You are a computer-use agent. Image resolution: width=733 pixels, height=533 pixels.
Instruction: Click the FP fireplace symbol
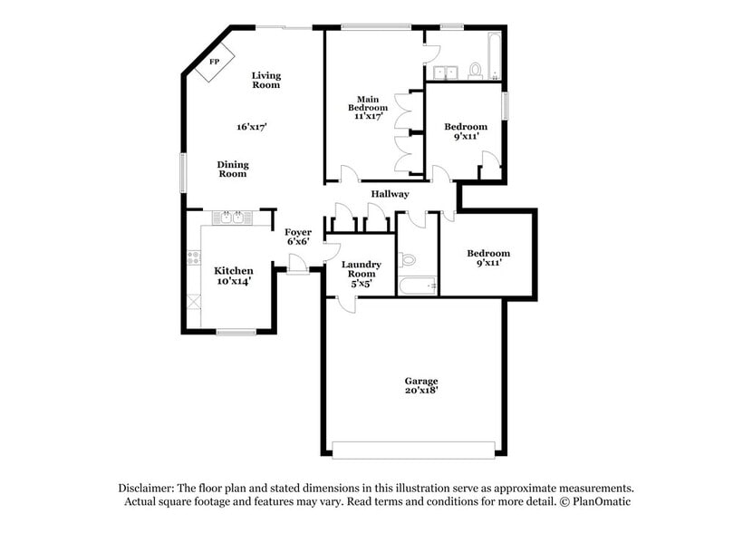[x=215, y=63]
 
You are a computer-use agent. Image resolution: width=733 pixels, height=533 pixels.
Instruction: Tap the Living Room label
[x=266, y=80]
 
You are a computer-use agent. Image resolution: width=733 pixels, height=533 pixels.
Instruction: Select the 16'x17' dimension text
[x=252, y=127]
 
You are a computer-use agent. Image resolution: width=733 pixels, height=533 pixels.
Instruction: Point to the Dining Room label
[x=233, y=170]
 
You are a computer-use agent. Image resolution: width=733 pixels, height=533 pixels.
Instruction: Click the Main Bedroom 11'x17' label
[x=366, y=107]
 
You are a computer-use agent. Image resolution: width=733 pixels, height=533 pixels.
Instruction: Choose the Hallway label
[x=390, y=194]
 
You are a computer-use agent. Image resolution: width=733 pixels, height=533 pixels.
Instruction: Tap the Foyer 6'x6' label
[x=298, y=237]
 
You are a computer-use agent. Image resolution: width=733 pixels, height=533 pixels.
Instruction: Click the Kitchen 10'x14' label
[x=233, y=276]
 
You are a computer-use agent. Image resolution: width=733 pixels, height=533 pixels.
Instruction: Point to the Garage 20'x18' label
[x=421, y=386]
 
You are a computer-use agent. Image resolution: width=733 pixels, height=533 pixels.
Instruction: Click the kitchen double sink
[x=233, y=218]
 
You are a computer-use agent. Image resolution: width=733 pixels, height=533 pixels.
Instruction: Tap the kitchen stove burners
[x=193, y=257]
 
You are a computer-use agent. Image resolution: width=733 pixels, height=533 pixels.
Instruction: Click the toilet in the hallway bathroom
[x=408, y=259]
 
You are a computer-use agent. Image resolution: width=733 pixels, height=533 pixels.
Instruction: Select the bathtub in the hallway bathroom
[x=418, y=286]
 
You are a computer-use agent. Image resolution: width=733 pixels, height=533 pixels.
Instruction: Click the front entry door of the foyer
[x=294, y=264]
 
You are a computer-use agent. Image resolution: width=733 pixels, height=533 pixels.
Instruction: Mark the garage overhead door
[x=413, y=450]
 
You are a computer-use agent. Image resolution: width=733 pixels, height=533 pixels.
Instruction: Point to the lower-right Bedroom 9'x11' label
[x=488, y=258]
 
